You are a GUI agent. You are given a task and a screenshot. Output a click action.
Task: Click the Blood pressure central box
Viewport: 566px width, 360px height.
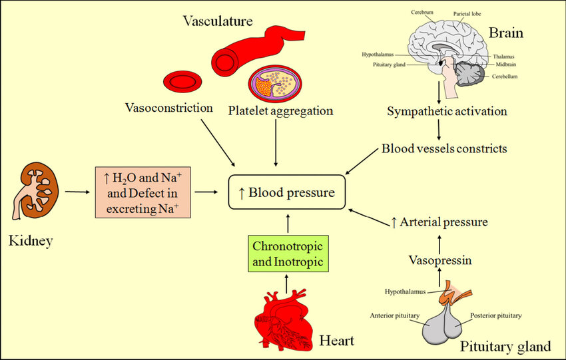point(286,192)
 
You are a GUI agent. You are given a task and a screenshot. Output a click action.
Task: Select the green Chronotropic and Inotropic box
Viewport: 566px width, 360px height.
point(288,254)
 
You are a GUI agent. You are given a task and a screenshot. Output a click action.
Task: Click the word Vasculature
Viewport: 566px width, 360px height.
point(218,21)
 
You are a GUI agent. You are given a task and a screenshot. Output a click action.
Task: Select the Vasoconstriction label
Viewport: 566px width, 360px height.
point(168,108)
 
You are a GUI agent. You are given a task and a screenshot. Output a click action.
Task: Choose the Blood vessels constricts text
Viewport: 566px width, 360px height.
point(444,148)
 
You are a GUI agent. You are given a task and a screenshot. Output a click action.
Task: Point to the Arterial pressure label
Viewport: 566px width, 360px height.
point(439,222)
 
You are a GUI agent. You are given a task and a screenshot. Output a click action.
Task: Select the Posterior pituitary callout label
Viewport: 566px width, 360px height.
point(495,315)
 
